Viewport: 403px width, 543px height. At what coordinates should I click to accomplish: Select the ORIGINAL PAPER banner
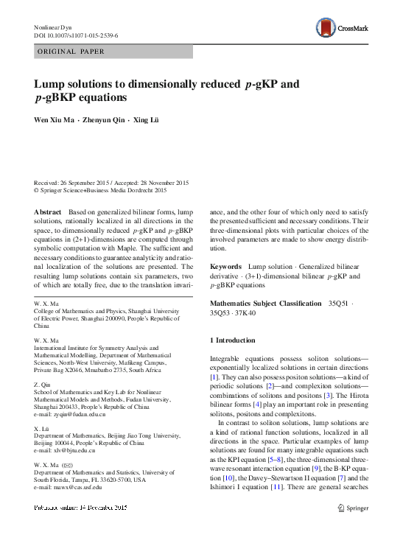(71, 52)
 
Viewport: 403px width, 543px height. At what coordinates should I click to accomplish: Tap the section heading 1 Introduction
(234, 340)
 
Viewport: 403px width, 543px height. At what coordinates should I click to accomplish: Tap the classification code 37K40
(246, 312)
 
